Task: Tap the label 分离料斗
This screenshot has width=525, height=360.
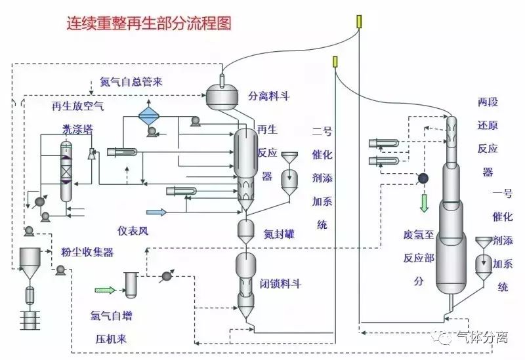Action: click(x=268, y=96)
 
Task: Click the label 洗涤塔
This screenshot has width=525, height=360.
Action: click(x=75, y=129)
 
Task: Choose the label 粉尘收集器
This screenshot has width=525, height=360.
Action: click(x=87, y=252)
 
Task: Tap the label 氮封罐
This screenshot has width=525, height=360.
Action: click(x=279, y=233)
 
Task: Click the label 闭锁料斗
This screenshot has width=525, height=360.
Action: click(x=280, y=284)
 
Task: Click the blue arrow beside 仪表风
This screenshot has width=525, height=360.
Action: click(x=157, y=211)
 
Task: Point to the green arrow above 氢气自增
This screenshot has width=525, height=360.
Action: click(x=105, y=289)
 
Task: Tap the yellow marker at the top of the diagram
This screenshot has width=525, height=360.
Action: click(x=359, y=21)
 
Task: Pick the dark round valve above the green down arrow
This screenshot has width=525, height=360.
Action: click(x=423, y=178)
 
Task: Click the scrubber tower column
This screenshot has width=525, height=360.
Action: click(x=66, y=172)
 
